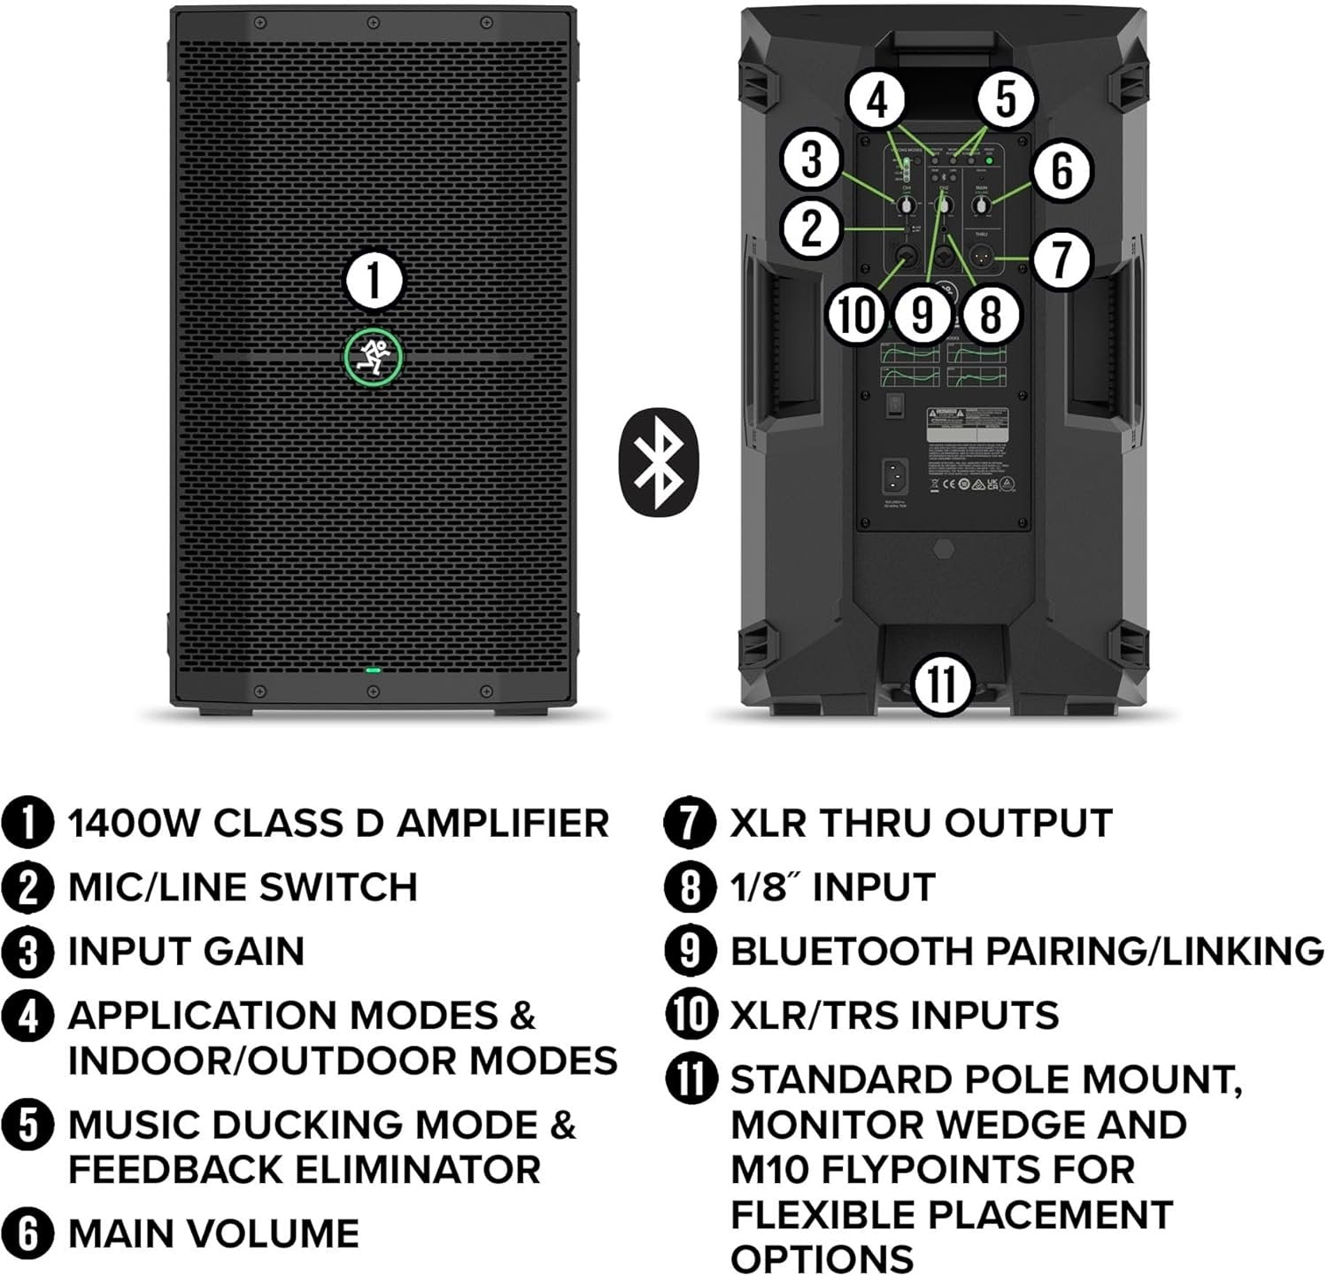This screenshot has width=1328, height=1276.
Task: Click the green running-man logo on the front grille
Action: click(373, 358)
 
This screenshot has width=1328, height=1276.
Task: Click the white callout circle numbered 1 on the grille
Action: click(374, 282)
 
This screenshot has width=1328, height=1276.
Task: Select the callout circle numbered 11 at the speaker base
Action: click(941, 684)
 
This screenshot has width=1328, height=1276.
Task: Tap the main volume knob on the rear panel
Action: click(980, 206)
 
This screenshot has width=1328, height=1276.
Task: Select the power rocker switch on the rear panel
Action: click(896, 405)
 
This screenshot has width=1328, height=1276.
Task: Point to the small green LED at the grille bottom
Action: click(374, 670)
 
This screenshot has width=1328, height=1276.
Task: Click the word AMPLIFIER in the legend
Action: click(502, 824)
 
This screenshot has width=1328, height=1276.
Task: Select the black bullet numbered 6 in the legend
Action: click(29, 1233)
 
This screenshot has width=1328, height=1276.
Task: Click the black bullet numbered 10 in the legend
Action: click(691, 1015)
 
